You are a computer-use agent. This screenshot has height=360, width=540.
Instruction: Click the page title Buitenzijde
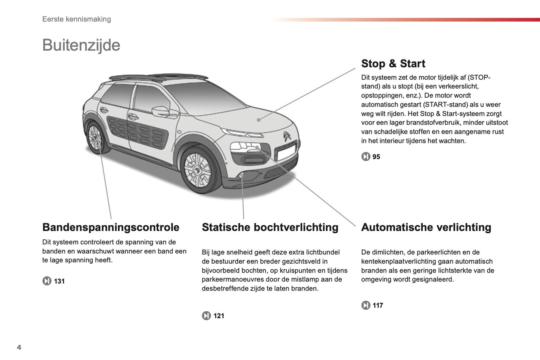tap(81, 45)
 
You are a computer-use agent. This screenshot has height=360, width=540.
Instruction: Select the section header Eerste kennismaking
tap(77, 19)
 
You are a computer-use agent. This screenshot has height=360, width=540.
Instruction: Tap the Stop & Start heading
tap(393, 64)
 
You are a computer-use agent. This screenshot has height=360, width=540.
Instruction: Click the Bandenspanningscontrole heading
tap(111, 227)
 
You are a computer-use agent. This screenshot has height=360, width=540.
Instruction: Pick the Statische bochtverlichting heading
tap(270, 227)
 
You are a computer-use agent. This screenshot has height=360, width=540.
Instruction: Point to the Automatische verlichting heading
tap(426, 227)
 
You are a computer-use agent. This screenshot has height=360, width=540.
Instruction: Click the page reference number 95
tap(376, 157)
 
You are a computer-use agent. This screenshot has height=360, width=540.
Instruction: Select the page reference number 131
tap(59, 281)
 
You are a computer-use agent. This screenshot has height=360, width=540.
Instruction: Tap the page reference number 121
tap(219, 316)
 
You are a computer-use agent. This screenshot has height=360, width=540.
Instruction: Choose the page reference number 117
tap(377, 305)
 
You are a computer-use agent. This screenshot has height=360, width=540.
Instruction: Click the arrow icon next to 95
tap(365, 157)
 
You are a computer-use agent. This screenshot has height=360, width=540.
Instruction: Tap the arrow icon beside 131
tap(47, 281)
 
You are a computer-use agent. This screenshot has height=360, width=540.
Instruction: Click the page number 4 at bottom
tap(19, 347)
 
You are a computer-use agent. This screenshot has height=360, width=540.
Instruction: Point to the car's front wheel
tap(197, 170)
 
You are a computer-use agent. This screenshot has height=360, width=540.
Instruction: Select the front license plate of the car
tap(286, 153)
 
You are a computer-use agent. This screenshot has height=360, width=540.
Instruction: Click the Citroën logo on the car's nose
tap(287, 136)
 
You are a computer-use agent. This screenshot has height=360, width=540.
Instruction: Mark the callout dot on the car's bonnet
tap(259, 120)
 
